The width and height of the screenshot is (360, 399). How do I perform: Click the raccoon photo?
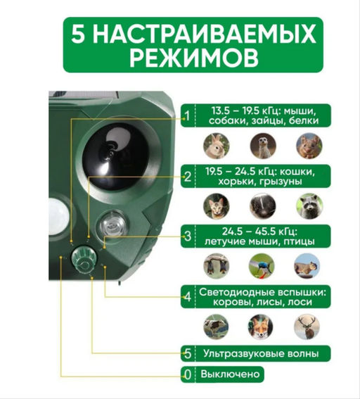307,205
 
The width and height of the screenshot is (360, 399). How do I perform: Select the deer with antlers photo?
307,326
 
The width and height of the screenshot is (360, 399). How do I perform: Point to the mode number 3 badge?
186,236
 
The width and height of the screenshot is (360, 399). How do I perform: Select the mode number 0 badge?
186,374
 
